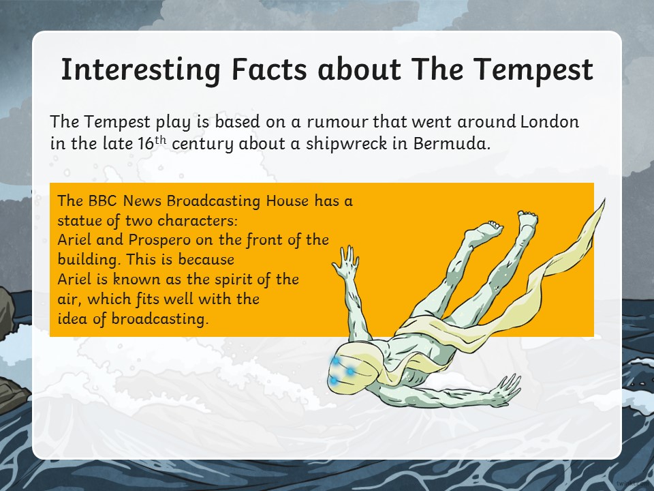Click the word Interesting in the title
[x=140, y=70]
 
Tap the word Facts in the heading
[x=269, y=70]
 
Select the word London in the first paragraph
[x=550, y=121]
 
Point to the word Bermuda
[x=451, y=143]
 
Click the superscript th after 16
[x=161, y=140]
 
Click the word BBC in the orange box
[x=104, y=200]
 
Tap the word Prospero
[x=159, y=241]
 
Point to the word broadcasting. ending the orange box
[x=159, y=319]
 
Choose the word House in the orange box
[x=287, y=200]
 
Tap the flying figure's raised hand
[x=346, y=262]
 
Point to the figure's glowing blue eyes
[x=340, y=370]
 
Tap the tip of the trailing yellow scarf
[x=604, y=200]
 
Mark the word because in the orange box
[x=206, y=260]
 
